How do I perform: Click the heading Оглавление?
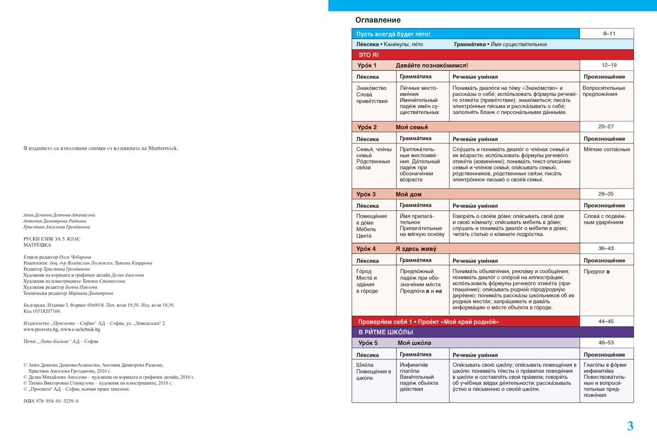pyautogui.click(x=374, y=20)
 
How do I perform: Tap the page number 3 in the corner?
pyautogui.click(x=630, y=426)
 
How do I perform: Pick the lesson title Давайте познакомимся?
pyautogui.click(x=432, y=65)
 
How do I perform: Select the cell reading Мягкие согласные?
pyautogui.click(x=607, y=150)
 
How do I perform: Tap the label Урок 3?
pyautogui.click(x=366, y=194)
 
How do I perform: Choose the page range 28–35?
pyautogui.click(x=606, y=194)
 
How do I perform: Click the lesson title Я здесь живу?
pyautogui.click(x=416, y=249)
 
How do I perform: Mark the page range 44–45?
pyautogui.click(x=606, y=322)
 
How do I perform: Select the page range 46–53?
pyautogui.click(x=606, y=343)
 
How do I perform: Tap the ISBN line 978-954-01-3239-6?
pyautogui.click(x=51, y=401)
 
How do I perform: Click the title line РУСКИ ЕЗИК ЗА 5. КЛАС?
pyautogui.click(x=51, y=239)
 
